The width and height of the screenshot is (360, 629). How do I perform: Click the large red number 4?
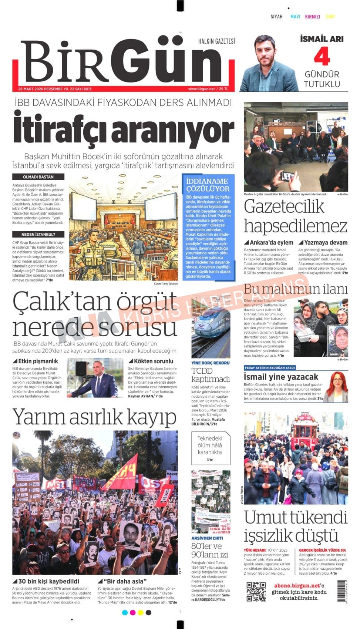click(x=322, y=57)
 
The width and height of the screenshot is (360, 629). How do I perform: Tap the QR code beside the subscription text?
click(x=256, y=592)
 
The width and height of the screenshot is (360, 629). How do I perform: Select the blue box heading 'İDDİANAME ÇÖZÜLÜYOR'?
click(x=208, y=185)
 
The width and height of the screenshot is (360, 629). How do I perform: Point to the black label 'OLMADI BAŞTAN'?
click(x=38, y=177)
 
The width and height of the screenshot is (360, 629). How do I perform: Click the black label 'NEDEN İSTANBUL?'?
click(x=38, y=235)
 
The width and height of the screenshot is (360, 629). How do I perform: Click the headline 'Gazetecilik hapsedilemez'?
click(x=295, y=216)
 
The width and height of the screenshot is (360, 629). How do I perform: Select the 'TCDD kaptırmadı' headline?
click(x=210, y=375)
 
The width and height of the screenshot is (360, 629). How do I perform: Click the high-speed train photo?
click(x=211, y=333)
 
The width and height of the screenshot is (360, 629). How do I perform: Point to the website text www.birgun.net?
click(x=201, y=89)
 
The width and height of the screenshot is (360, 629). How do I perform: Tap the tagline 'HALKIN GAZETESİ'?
click(x=216, y=41)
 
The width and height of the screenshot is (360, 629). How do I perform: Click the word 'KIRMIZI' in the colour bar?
click(x=312, y=17)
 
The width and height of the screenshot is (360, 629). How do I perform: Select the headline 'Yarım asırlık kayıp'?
click(x=94, y=417)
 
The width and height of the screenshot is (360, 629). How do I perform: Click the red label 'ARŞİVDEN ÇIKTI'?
click(x=207, y=538)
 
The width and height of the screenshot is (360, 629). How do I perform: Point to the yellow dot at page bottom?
click(x=141, y=613)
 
